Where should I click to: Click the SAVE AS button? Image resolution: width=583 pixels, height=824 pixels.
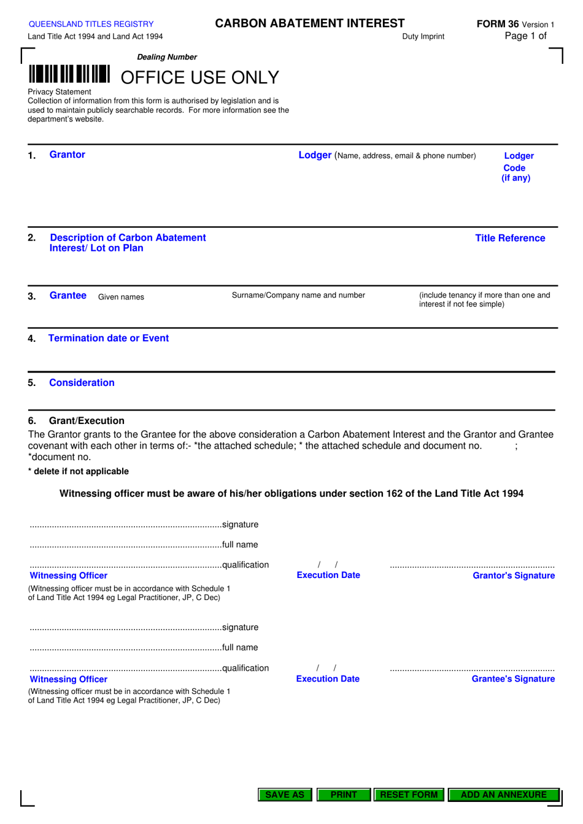tap(285, 795)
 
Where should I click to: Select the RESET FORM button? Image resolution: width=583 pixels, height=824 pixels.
tap(409, 795)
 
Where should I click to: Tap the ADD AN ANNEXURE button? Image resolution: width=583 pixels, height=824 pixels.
tap(503, 795)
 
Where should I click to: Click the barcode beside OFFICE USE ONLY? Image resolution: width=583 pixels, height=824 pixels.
tap(69, 74)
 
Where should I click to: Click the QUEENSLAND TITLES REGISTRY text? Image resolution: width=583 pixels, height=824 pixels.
tap(91, 24)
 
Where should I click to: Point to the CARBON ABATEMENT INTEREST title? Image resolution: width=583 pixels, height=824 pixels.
tap(309, 23)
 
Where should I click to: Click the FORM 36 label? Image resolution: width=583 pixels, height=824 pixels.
tap(498, 24)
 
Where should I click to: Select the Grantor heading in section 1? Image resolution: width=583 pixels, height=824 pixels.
tap(67, 155)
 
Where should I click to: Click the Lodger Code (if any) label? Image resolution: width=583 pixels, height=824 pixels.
tap(516, 167)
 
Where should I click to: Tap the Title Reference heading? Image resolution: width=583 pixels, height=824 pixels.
tap(510, 238)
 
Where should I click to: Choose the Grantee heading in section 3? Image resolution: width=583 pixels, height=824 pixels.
tap(68, 296)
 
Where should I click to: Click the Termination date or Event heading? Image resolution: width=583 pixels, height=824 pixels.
tap(108, 338)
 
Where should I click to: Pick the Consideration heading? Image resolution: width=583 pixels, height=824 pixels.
tap(82, 383)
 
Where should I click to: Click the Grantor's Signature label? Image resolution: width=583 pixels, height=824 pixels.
tap(514, 576)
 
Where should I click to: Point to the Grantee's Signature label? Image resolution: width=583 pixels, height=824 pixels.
tap(513, 679)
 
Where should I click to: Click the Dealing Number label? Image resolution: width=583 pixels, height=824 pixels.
tap(167, 57)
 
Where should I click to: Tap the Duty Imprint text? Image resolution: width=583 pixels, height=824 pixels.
tap(423, 37)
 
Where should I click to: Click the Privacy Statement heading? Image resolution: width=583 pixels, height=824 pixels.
tap(59, 92)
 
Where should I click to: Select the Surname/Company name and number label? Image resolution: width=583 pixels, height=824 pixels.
tap(298, 295)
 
